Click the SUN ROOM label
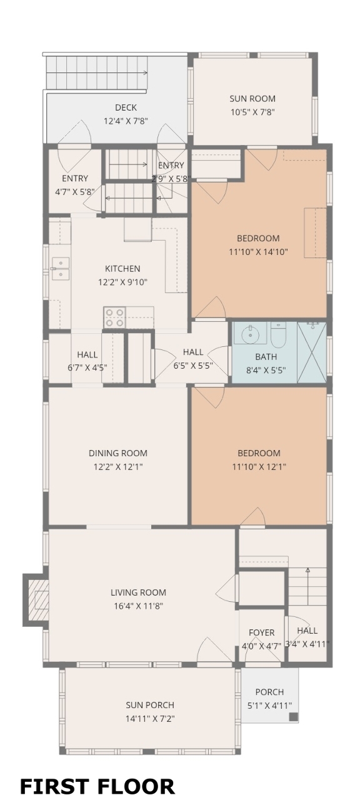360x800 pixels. (x=252, y=99)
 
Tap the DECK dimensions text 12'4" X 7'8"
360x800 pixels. (x=126, y=121)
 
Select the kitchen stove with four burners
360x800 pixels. (x=114, y=317)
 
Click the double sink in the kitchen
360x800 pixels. (x=60, y=269)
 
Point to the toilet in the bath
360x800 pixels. (x=278, y=334)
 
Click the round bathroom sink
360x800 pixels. (x=249, y=334)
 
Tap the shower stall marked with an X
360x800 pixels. (x=312, y=352)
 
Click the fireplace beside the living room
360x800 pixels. (x=36, y=600)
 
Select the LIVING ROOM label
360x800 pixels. (x=138, y=592)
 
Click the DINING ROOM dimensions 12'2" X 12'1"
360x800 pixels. (x=118, y=467)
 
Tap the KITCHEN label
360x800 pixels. (x=122, y=269)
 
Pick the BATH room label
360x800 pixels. (x=266, y=356)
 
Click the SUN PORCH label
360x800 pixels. (x=150, y=705)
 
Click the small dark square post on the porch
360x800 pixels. (x=293, y=716)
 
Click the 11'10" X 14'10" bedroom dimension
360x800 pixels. (x=258, y=252)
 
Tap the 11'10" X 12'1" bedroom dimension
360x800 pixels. (x=259, y=467)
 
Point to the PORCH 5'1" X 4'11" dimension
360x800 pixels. (x=269, y=706)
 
